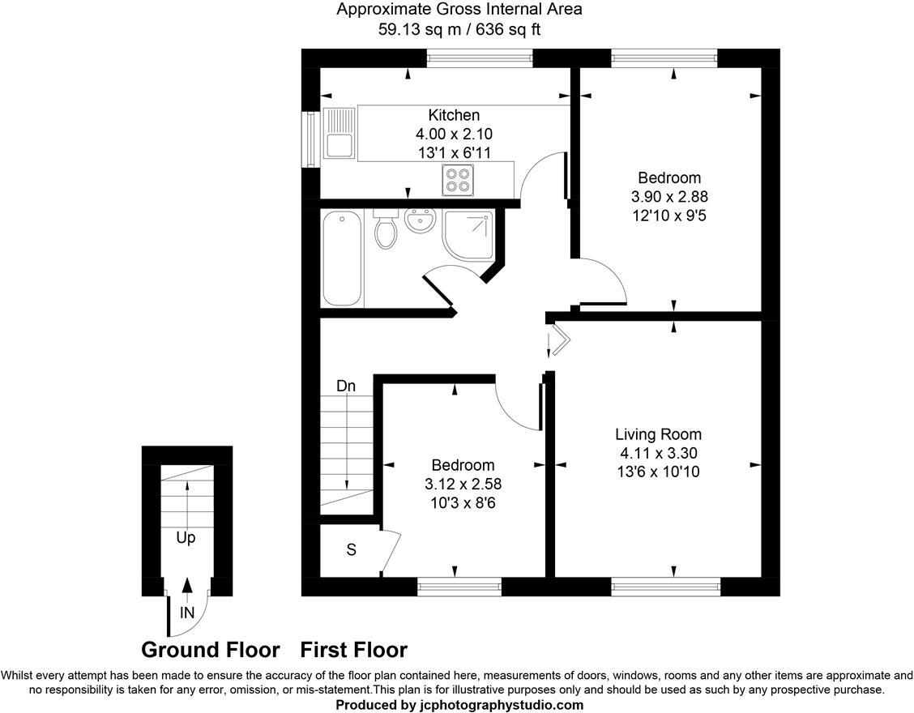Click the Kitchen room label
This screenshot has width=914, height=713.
click(454, 115)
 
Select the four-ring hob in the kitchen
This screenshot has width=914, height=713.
click(458, 179)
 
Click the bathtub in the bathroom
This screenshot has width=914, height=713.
click(341, 258)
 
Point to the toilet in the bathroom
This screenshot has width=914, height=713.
click(386, 230)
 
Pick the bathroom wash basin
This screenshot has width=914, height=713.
click(420, 220)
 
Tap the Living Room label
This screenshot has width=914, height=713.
click(657, 434)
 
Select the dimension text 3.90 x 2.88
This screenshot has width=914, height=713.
click(668, 197)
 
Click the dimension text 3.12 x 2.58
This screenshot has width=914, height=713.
click(463, 484)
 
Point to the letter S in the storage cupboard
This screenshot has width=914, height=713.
click(351, 550)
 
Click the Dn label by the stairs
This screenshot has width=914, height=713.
click(346, 386)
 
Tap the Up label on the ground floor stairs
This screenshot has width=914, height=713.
click(186, 537)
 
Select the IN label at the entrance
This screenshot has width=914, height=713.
click(187, 613)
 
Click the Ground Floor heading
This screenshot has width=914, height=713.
click(210, 650)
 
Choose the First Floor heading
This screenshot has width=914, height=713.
click(353, 650)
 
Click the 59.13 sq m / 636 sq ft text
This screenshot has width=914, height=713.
click(459, 30)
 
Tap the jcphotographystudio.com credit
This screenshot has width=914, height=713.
click(459, 705)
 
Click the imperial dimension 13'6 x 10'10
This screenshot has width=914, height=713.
click(657, 472)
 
